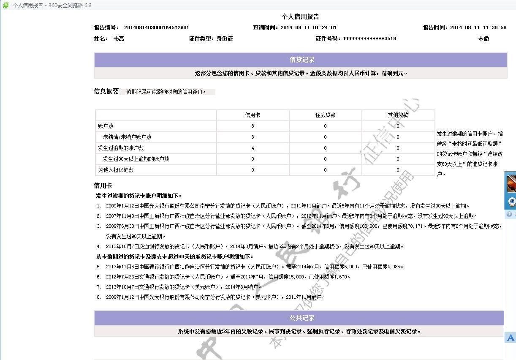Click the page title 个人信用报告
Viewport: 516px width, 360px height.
(x=300, y=17)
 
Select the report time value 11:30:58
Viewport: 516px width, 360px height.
(x=494, y=27)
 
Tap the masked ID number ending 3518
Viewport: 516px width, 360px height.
(x=369, y=38)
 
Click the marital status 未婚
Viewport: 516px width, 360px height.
(x=483, y=38)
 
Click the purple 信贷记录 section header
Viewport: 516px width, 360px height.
(x=300, y=60)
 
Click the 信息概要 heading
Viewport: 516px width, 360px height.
(x=106, y=91)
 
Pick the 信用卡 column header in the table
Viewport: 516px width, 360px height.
(x=253, y=115)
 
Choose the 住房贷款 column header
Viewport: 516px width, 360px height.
(x=325, y=115)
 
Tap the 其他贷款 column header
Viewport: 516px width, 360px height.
(x=398, y=115)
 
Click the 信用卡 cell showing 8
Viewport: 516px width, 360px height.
(x=253, y=126)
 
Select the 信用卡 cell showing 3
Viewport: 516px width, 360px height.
(x=253, y=137)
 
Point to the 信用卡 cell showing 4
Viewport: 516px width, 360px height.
(x=253, y=148)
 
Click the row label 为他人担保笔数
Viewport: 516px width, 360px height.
(x=116, y=170)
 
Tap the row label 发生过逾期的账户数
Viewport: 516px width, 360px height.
(x=121, y=148)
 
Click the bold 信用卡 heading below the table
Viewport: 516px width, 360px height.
(x=103, y=185)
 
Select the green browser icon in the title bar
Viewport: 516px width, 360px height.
(x=6, y=5)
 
